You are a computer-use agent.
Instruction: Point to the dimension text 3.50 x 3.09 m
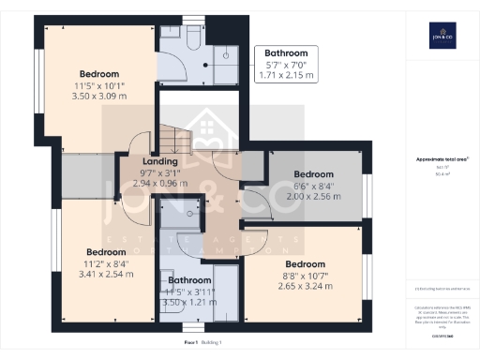click(x=98, y=96)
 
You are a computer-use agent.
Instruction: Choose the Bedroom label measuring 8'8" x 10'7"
click(x=305, y=263)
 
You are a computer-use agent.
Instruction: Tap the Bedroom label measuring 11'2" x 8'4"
click(x=106, y=252)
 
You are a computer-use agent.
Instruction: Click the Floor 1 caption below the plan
click(x=194, y=345)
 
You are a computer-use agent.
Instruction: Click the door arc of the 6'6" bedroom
click(x=253, y=205)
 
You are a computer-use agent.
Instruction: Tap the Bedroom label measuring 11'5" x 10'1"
click(x=98, y=73)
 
